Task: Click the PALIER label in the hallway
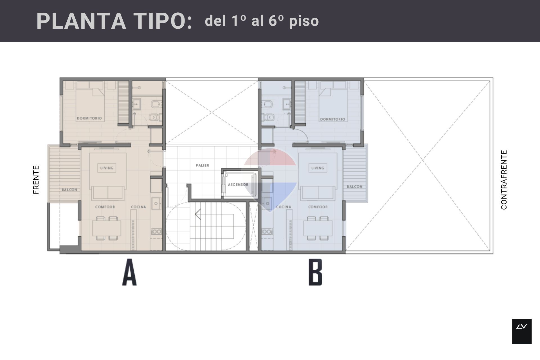click(x=202, y=165)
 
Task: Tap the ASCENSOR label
click(x=238, y=185)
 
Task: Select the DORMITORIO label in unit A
click(x=89, y=118)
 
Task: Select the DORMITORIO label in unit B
click(x=333, y=119)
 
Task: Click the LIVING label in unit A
click(x=107, y=168)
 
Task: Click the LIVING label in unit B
click(x=318, y=168)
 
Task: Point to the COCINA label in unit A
click(x=139, y=207)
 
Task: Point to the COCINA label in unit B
click(x=283, y=207)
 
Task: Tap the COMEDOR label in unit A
click(x=105, y=207)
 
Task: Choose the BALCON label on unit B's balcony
click(x=355, y=187)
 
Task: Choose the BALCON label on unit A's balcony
click(x=69, y=190)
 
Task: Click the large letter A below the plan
click(x=129, y=272)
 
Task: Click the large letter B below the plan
click(x=316, y=272)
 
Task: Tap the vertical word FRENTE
click(x=36, y=180)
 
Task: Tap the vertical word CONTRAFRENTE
click(x=504, y=180)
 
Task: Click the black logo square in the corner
click(x=522, y=331)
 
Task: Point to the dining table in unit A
click(x=107, y=228)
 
